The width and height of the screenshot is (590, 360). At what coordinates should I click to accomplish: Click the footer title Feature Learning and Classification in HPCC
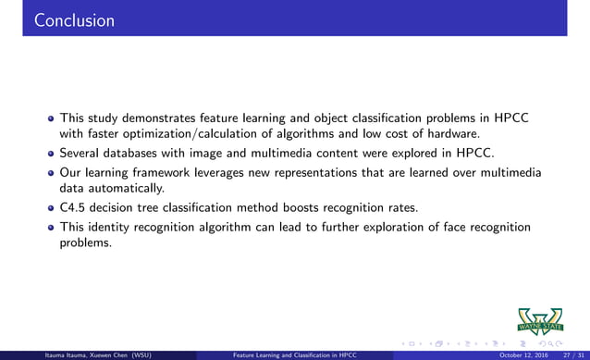(x=294, y=354)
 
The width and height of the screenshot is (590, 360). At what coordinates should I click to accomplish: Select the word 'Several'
(x=80, y=153)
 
